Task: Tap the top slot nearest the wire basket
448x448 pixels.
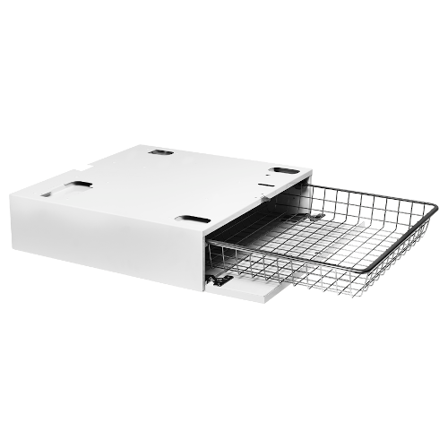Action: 288,170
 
